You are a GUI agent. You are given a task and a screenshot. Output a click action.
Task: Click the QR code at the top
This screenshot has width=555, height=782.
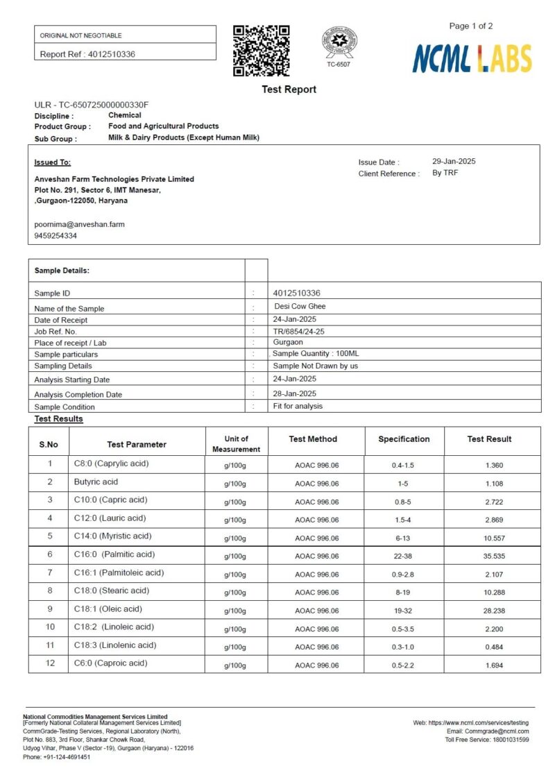(262, 50)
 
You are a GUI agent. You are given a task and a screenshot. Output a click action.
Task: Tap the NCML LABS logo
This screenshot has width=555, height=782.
(472, 58)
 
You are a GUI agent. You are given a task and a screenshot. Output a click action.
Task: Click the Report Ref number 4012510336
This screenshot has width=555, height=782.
(111, 54)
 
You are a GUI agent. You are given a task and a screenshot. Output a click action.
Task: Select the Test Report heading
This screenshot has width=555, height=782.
(289, 90)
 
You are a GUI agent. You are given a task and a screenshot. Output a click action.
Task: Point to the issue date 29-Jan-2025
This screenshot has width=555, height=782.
(454, 161)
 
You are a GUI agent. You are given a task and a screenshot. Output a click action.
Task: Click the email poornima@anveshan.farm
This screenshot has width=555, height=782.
(80, 224)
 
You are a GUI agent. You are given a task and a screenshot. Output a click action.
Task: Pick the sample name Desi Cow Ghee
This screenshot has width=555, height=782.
(300, 306)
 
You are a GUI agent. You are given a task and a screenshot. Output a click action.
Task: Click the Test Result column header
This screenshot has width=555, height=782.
(489, 439)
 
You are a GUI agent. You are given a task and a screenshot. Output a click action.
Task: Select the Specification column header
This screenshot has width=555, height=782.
(404, 439)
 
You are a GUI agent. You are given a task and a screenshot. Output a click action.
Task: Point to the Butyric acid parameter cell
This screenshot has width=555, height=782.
(96, 482)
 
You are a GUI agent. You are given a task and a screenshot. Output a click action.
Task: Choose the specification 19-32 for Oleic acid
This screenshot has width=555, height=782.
(403, 611)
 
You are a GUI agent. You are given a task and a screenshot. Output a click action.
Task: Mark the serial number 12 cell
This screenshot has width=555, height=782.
(50, 663)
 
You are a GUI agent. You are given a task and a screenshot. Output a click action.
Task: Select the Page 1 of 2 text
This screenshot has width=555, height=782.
(471, 26)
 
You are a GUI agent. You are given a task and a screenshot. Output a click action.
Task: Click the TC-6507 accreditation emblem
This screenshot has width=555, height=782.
(339, 43)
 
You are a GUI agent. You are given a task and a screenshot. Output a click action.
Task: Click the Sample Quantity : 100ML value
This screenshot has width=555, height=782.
(316, 354)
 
